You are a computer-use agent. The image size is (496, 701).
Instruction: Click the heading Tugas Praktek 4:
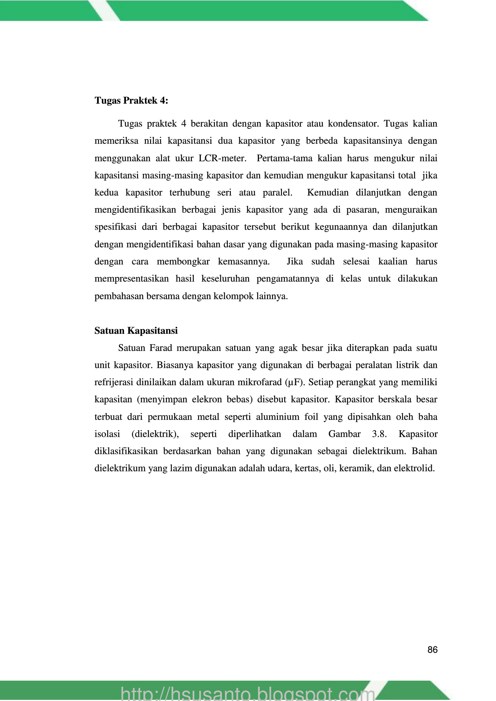131,100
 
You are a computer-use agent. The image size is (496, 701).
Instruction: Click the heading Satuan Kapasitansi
136,331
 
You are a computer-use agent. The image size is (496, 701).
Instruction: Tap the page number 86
432,650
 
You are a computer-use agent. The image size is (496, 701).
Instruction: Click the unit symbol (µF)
294,382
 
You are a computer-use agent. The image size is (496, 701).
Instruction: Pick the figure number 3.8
379,434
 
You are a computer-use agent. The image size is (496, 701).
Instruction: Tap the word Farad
161,348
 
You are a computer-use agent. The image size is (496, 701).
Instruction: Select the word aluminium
277,417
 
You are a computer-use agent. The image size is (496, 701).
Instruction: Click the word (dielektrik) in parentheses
155,434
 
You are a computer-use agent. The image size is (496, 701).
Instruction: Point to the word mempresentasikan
131,279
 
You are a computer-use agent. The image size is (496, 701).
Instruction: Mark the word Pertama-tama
285,158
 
